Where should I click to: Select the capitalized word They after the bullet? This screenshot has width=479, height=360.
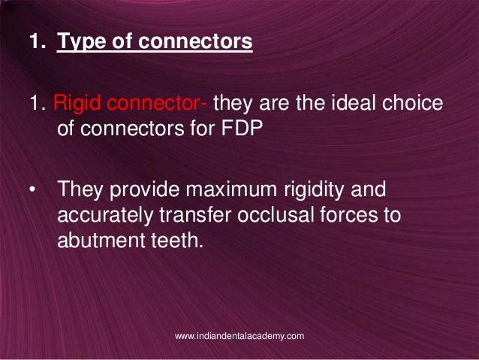[x=83, y=189]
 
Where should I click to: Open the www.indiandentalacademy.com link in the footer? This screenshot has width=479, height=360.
[x=239, y=336]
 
